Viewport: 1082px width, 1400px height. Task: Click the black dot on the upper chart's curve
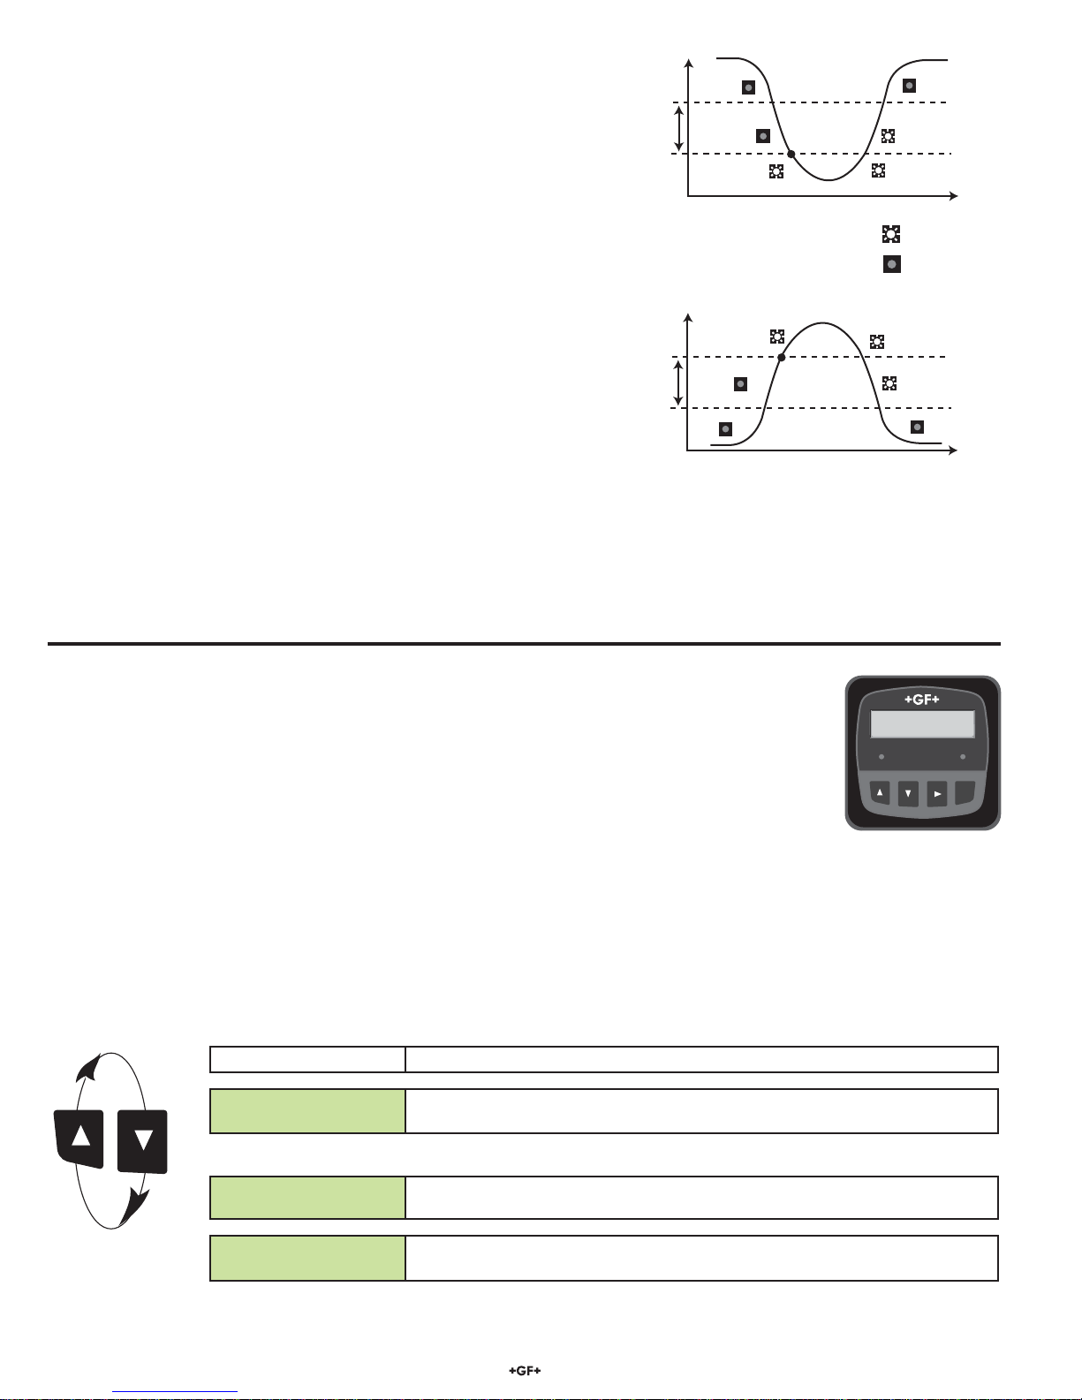click(791, 154)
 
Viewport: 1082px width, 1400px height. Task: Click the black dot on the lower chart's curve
click(781, 357)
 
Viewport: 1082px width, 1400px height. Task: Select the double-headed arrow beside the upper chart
click(678, 129)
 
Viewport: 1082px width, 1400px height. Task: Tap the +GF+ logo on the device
click(921, 700)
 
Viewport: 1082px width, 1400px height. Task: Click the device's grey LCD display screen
click(922, 724)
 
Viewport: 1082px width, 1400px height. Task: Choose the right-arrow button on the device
click(937, 794)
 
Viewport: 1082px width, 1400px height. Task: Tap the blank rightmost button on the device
click(965, 793)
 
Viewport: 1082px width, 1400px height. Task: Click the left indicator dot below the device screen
click(881, 756)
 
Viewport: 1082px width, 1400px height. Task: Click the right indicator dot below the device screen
click(963, 756)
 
